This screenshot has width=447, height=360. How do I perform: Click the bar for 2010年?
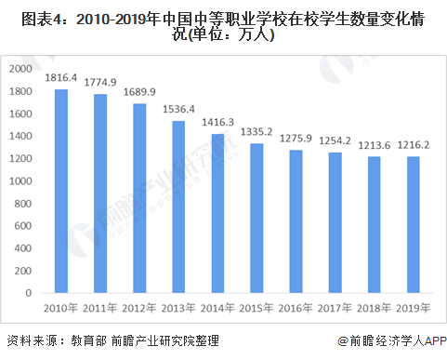60,192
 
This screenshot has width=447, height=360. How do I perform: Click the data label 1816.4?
60,80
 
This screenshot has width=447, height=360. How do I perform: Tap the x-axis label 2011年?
100,307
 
